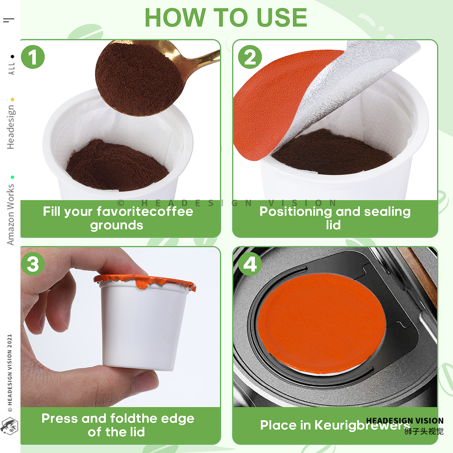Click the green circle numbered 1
(x=33, y=57)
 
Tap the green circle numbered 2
(x=250, y=57)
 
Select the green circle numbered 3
(x=33, y=264)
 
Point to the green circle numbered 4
(x=250, y=264)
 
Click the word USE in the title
(x=282, y=18)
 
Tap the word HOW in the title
(x=176, y=18)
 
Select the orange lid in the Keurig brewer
(x=322, y=323)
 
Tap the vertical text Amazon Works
(x=11, y=214)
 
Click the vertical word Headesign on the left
(x=11, y=127)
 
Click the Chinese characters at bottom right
(x=424, y=431)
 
